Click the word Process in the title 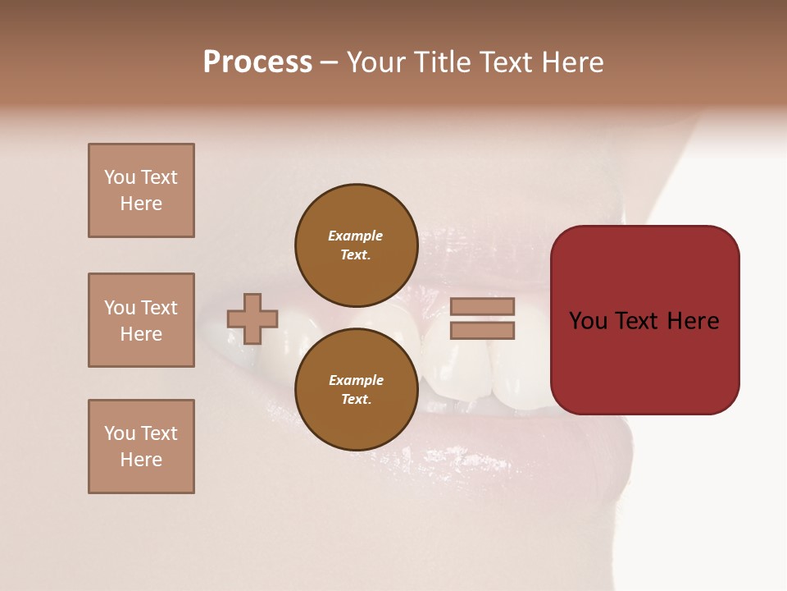click(257, 62)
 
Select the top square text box click(141, 190)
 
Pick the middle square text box click(141, 320)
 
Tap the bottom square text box click(141, 447)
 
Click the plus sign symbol click(252, 318)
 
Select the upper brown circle click(356, 245)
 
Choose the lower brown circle click(356, 389)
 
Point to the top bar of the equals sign click(483, 307)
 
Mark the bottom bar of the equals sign click(483, 330)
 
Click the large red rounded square click(644, 320)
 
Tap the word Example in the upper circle click(356, 236)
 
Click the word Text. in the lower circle click(356, 399)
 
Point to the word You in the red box click(588, 320)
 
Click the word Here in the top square click(141, 204)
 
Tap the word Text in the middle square click(158, 308)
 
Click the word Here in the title click(571, 62)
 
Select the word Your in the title click(374, 62)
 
